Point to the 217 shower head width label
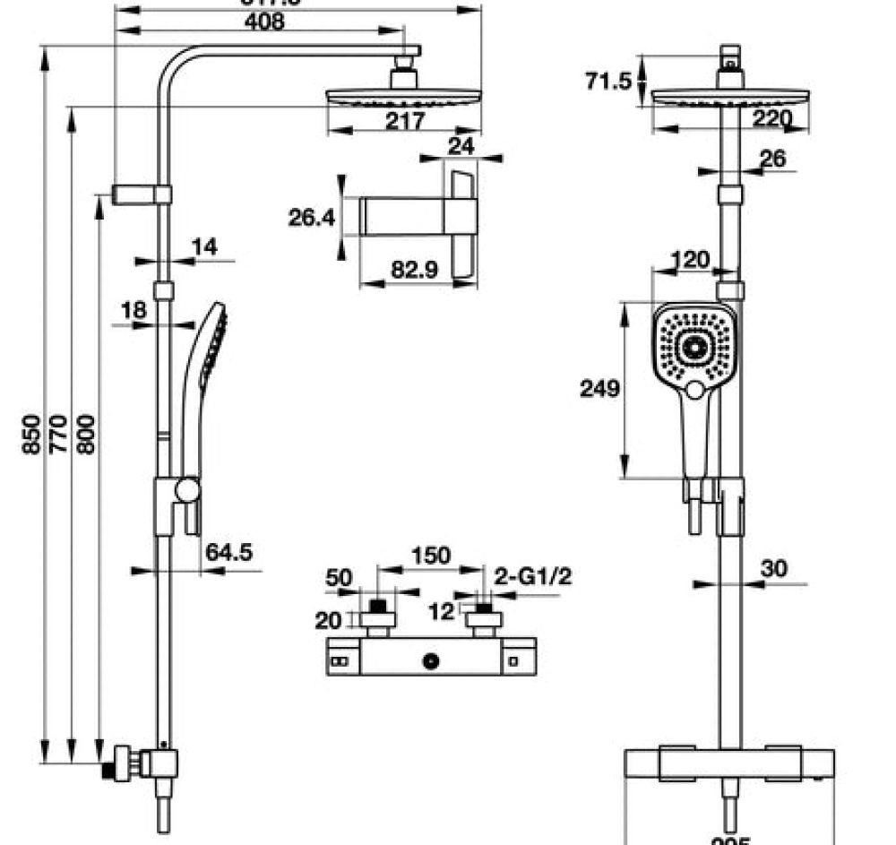(x=405, y=122)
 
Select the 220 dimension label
(x=772, y=118)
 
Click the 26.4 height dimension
(x=311, y=217)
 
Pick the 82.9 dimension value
(x=413, y=270)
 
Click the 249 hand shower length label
(x=599, y=389)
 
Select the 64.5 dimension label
(x=228, y=552)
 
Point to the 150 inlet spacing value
(x=430, y=556)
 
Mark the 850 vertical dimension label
(x=32, y=434)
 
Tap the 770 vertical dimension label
(x=59, y=434)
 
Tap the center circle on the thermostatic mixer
(x=432, y=662)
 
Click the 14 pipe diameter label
(x=204, y=247)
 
